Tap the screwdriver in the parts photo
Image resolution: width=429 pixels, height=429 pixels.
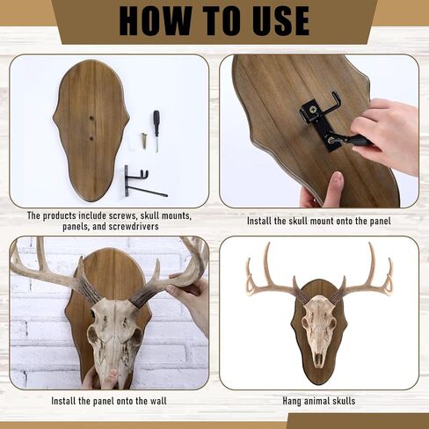(156, 131)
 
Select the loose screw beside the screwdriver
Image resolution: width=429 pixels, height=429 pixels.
(143, 141)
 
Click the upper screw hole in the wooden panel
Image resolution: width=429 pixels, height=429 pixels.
(91, 119)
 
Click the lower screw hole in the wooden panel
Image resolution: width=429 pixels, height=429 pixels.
(91, 138)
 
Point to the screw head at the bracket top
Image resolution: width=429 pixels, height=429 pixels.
(313, 110)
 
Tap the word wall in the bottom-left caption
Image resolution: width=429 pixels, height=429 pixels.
(158, 401)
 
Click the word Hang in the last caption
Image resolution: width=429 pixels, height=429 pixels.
(291, 401)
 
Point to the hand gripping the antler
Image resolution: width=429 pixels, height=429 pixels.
(191, 296)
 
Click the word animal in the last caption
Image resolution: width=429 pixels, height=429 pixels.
(314, 401)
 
